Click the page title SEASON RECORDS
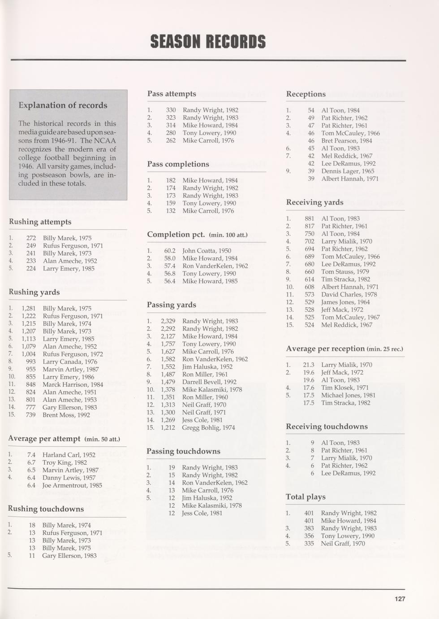click(x=208, y=42)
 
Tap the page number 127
click(x=400, y=599)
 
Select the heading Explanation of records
click(x=63, y=105)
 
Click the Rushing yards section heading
click(x=34, y=292)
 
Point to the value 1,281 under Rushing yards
click(x=29, y=309)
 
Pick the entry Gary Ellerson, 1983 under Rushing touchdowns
click(x=69, y=556)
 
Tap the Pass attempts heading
click(x=172, y=94)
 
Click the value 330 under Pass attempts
click(x=171, y=110)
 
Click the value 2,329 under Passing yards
click(x=168, y=321)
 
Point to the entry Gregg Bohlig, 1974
click(x=208, y=428)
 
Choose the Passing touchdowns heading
click(x=184, y=451)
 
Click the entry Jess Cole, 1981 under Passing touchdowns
click(x=202, y=513)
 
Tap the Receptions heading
click(x=306, y=94)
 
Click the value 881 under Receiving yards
click(x=309, y=219)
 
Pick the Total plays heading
click(x=306, y=497)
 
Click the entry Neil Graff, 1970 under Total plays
click(x=343, y=544)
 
